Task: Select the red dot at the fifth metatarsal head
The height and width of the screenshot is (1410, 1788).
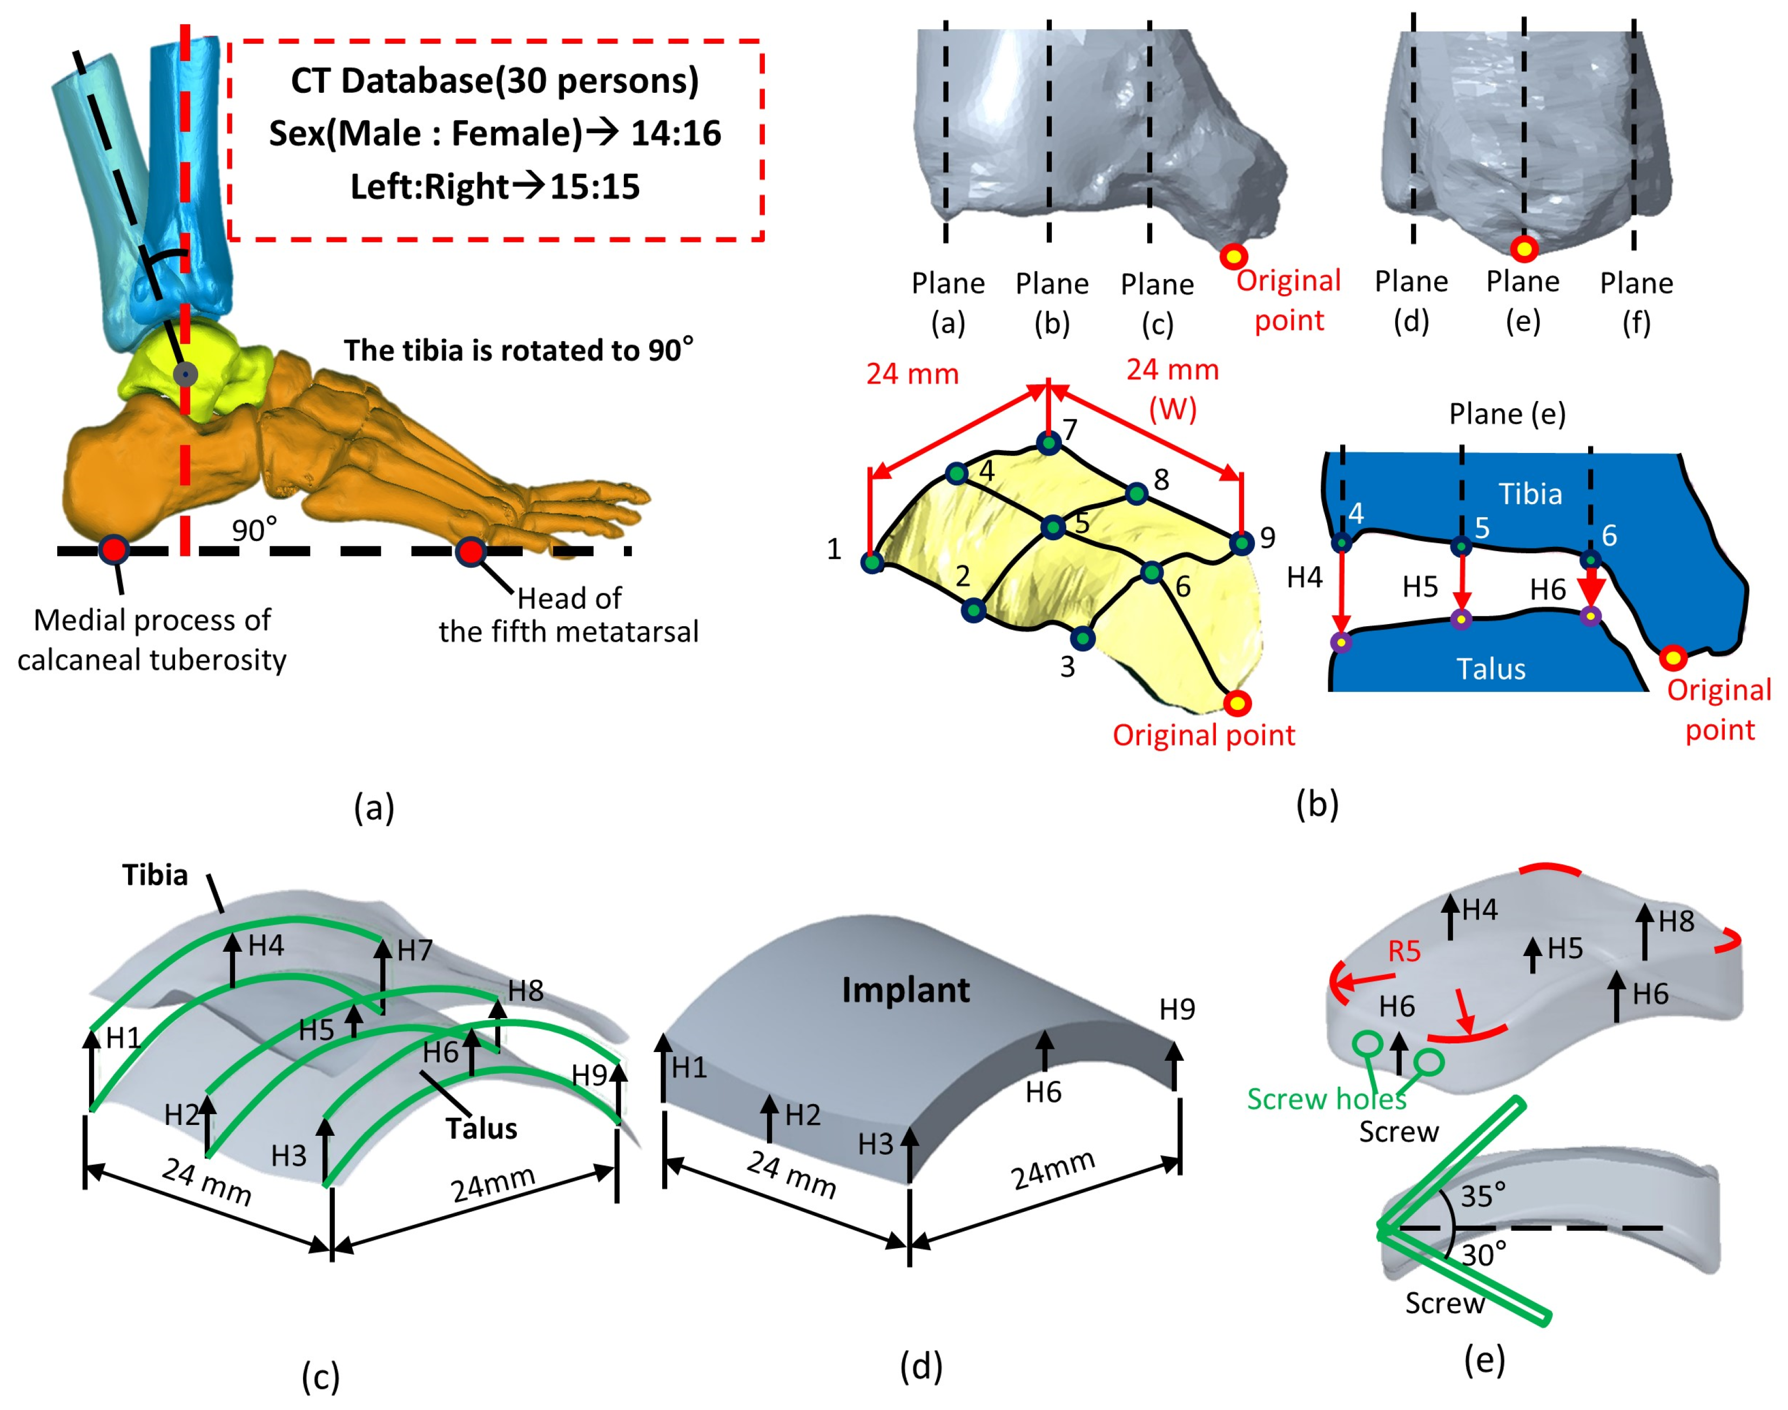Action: (x=470, y=552)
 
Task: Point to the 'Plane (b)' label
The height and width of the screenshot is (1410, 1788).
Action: (x=1051, y=303)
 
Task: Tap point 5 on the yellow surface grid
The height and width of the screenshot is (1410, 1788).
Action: (x=1053, y=527)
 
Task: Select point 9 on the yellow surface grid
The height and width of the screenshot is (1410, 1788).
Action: (x=1241, y=543)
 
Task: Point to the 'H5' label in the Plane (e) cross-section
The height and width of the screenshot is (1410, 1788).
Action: (x=1420, y=587)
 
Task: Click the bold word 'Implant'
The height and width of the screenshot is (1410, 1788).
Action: (x=905, y=990)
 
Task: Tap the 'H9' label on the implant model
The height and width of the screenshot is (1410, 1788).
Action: (x=1177, y=1009)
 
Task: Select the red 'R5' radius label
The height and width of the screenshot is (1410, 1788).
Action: (x=1403, y=951)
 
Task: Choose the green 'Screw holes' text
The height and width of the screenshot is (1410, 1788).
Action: (x=1326, y=1099)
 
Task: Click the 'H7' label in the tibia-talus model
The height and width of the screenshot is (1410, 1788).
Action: (x=414, y=950)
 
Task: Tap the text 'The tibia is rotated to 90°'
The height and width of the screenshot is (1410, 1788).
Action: (x=518, y=350)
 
